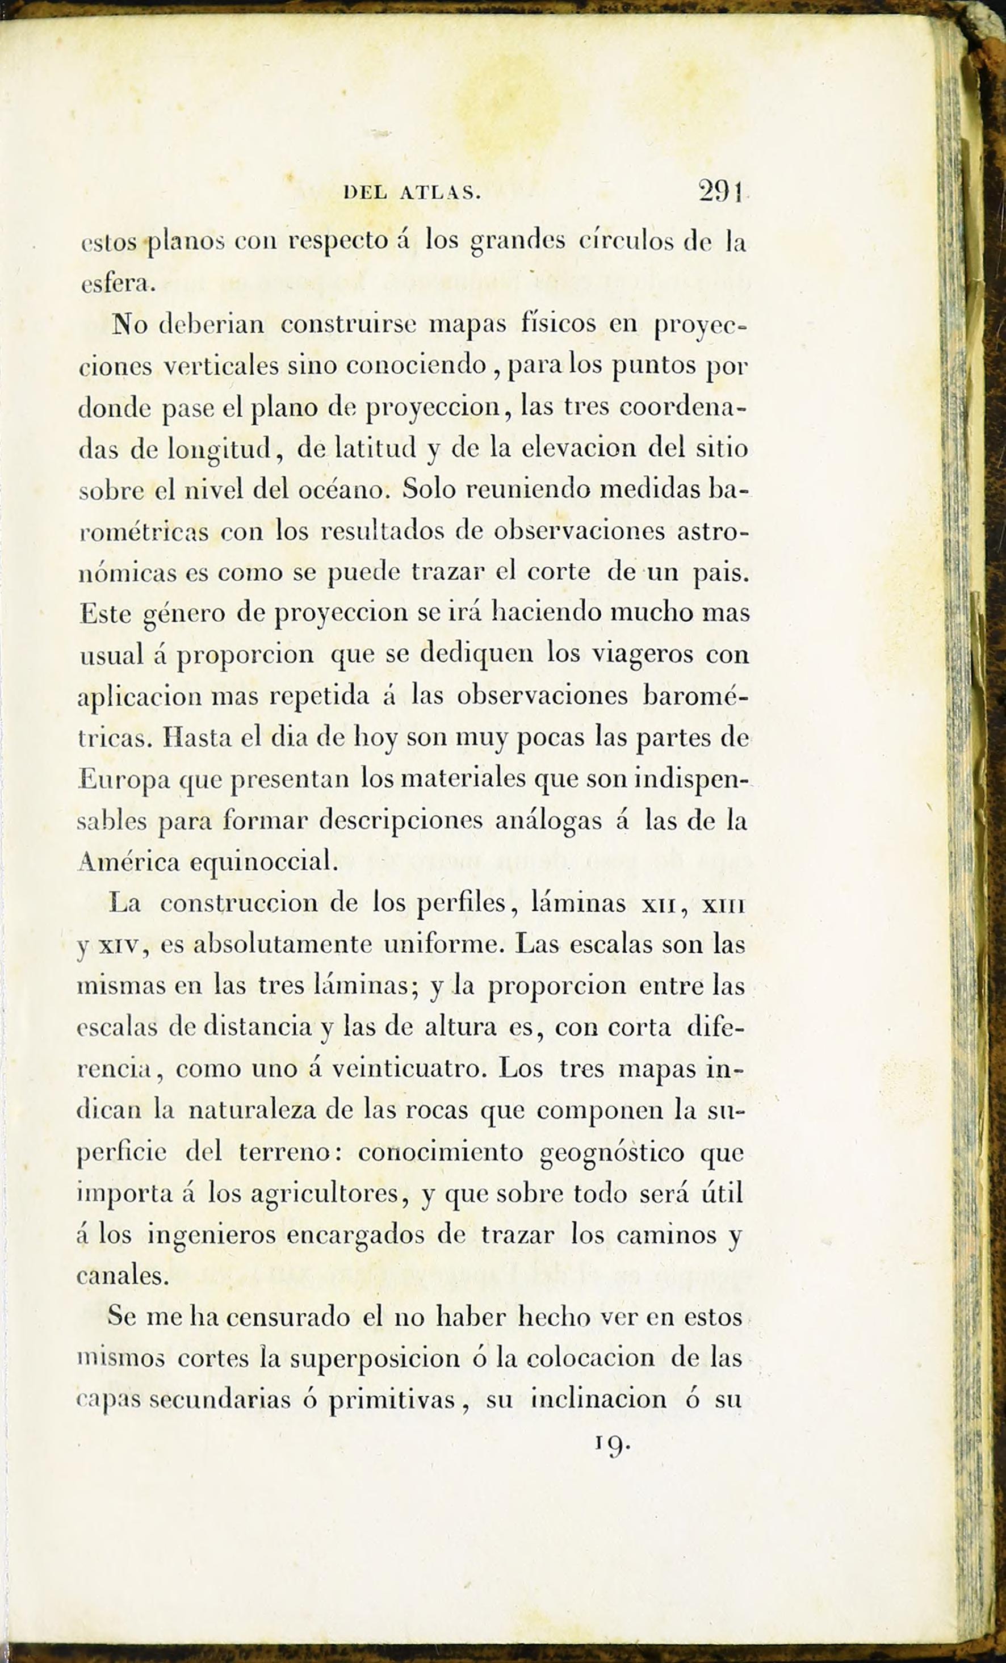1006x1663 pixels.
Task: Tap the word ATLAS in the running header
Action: pos(439,194)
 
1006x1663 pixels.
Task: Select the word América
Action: pos(128,862)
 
